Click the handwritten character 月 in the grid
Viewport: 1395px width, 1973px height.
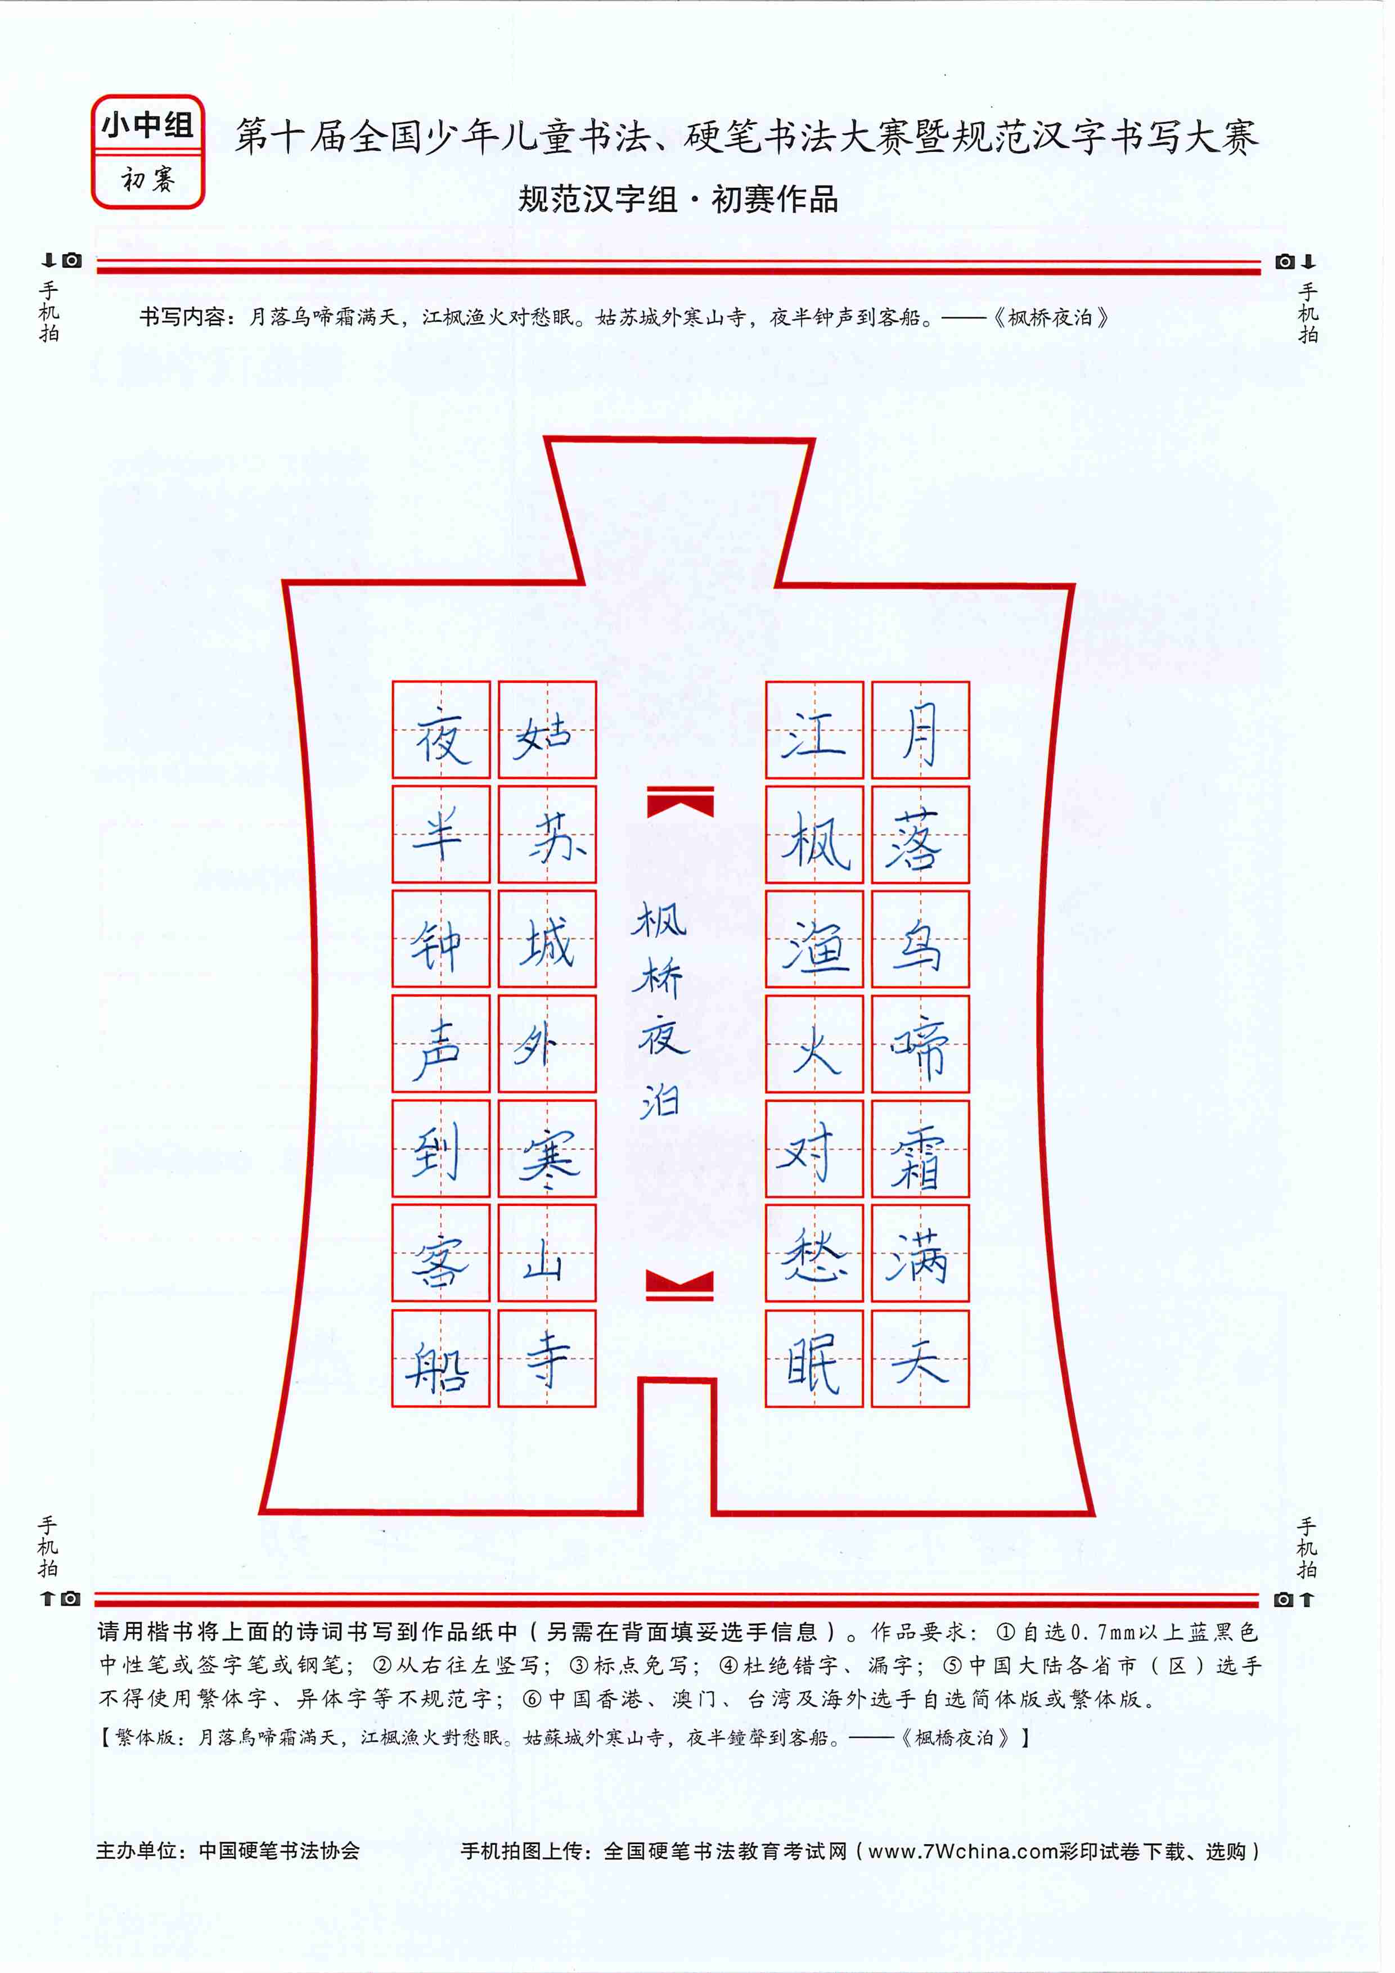[x=920, y=733]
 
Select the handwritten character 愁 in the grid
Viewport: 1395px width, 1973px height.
[x=814, y=1255]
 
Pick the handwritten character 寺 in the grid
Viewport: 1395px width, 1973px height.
[x=547, y=1358]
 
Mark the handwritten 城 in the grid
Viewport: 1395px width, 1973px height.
[x=546, y=942]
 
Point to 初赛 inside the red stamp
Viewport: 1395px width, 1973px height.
[x=148, y=179]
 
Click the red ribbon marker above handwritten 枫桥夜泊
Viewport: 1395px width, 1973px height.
[x=680, y=801]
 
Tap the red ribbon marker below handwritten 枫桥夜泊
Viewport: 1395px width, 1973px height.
[x=680, y=1286]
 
